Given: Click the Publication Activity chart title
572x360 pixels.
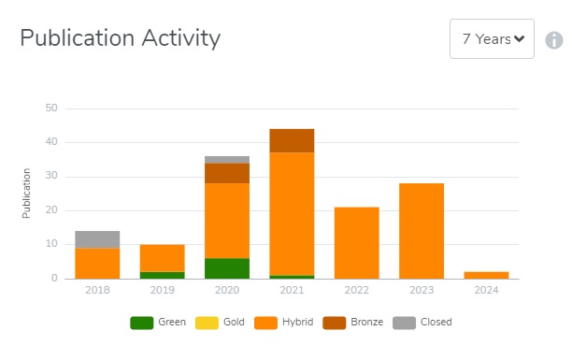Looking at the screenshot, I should tap(120, 38).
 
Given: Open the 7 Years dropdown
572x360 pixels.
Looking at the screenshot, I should tap(493, 39).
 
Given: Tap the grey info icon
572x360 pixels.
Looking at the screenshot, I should tap(554, 40).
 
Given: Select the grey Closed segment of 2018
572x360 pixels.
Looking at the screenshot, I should tap(97, 239).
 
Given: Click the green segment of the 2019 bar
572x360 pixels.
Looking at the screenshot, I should tap(162, 275).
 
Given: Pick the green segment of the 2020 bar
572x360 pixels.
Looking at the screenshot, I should tap(227, 268).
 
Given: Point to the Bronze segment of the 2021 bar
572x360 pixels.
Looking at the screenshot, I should tap(292, 140).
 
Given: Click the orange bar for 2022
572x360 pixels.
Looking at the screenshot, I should tap(356, 242).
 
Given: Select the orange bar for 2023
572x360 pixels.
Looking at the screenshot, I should tap(422, 231).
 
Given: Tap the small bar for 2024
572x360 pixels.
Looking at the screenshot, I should tap(486, 275).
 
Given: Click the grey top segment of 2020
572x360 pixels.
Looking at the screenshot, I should tap(227, 160).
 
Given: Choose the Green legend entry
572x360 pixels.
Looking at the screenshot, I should tap(158, 323).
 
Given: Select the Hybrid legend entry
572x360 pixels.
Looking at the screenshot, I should tap(292, 323).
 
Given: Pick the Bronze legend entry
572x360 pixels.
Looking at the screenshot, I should tap(361, 323).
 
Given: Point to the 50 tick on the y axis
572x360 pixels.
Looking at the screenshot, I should tap(51, 108).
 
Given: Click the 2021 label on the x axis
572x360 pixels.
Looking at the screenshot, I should tap(292, 291).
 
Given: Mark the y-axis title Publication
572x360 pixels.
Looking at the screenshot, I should tap(27, 194).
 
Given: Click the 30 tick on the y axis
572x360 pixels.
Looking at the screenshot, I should tap(51, 177).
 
